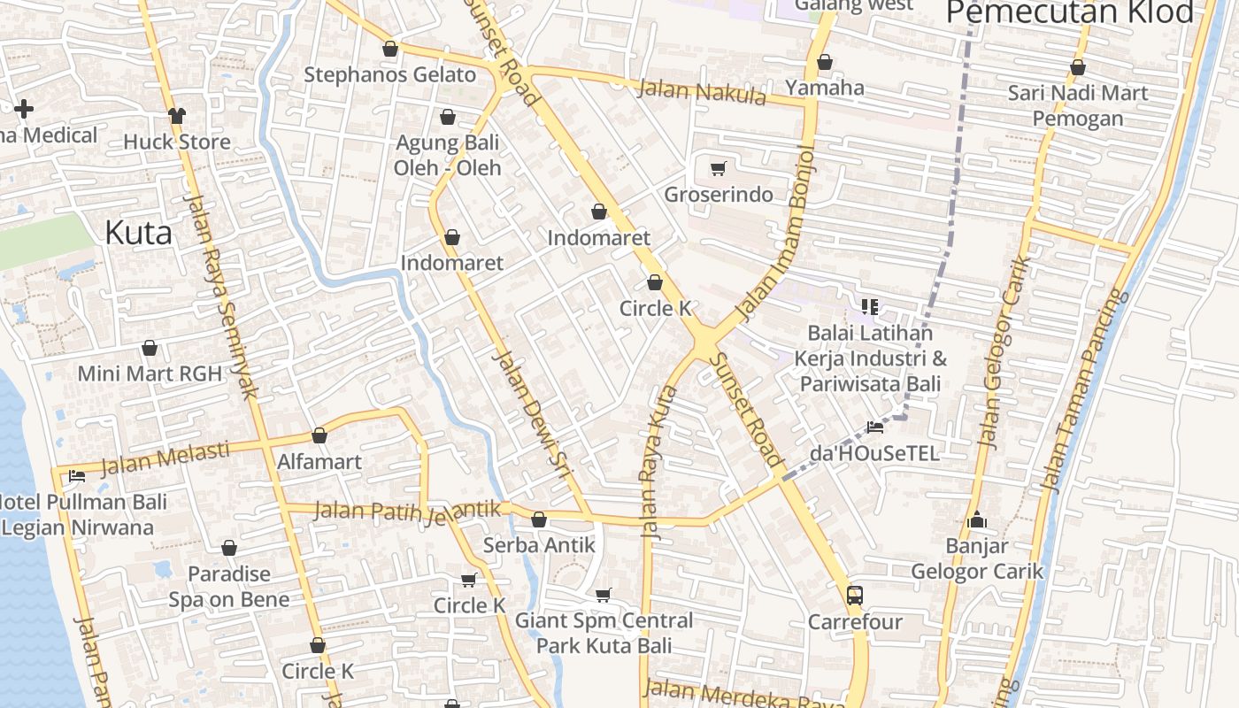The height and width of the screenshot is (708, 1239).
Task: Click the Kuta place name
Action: tap(138, 233)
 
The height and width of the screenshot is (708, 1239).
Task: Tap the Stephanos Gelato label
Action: tap(389, 74)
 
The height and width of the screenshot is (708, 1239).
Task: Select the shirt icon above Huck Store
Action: tap(177, 115)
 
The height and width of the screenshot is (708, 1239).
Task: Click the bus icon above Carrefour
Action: tap(854, 595)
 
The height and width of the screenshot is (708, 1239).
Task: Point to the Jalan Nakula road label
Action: tap(701, 91)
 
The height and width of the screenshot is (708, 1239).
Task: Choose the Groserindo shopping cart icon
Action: tap(718, 168)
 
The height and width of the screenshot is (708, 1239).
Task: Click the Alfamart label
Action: tap(319, 461)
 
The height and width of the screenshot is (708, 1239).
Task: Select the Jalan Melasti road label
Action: tap(165, 458)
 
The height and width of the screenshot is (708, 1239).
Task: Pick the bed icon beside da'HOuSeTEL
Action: tap(875, 427)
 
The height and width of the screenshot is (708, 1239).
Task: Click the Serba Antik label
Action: tap(539, 545)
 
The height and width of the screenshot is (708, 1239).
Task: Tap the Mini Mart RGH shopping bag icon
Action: tap(150, 348)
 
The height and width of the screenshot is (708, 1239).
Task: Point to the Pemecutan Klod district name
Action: tap(1070, 12)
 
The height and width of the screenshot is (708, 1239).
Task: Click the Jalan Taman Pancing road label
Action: tap(1081, 389)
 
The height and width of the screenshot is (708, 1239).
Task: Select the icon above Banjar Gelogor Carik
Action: tap(977, 519)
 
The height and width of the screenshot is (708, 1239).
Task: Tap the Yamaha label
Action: tap(825, 88)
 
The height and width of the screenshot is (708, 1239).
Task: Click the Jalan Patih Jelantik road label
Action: tap(407, 511)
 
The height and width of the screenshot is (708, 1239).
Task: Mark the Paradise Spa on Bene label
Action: tap(229, 587)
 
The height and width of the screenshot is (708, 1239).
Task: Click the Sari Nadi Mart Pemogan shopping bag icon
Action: tap(1078, 67)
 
